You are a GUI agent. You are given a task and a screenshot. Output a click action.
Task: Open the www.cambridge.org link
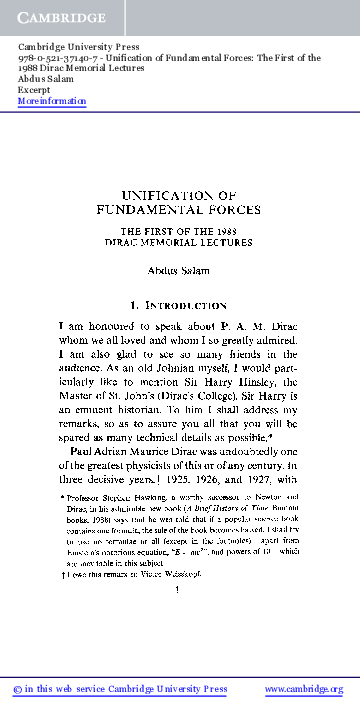303,689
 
